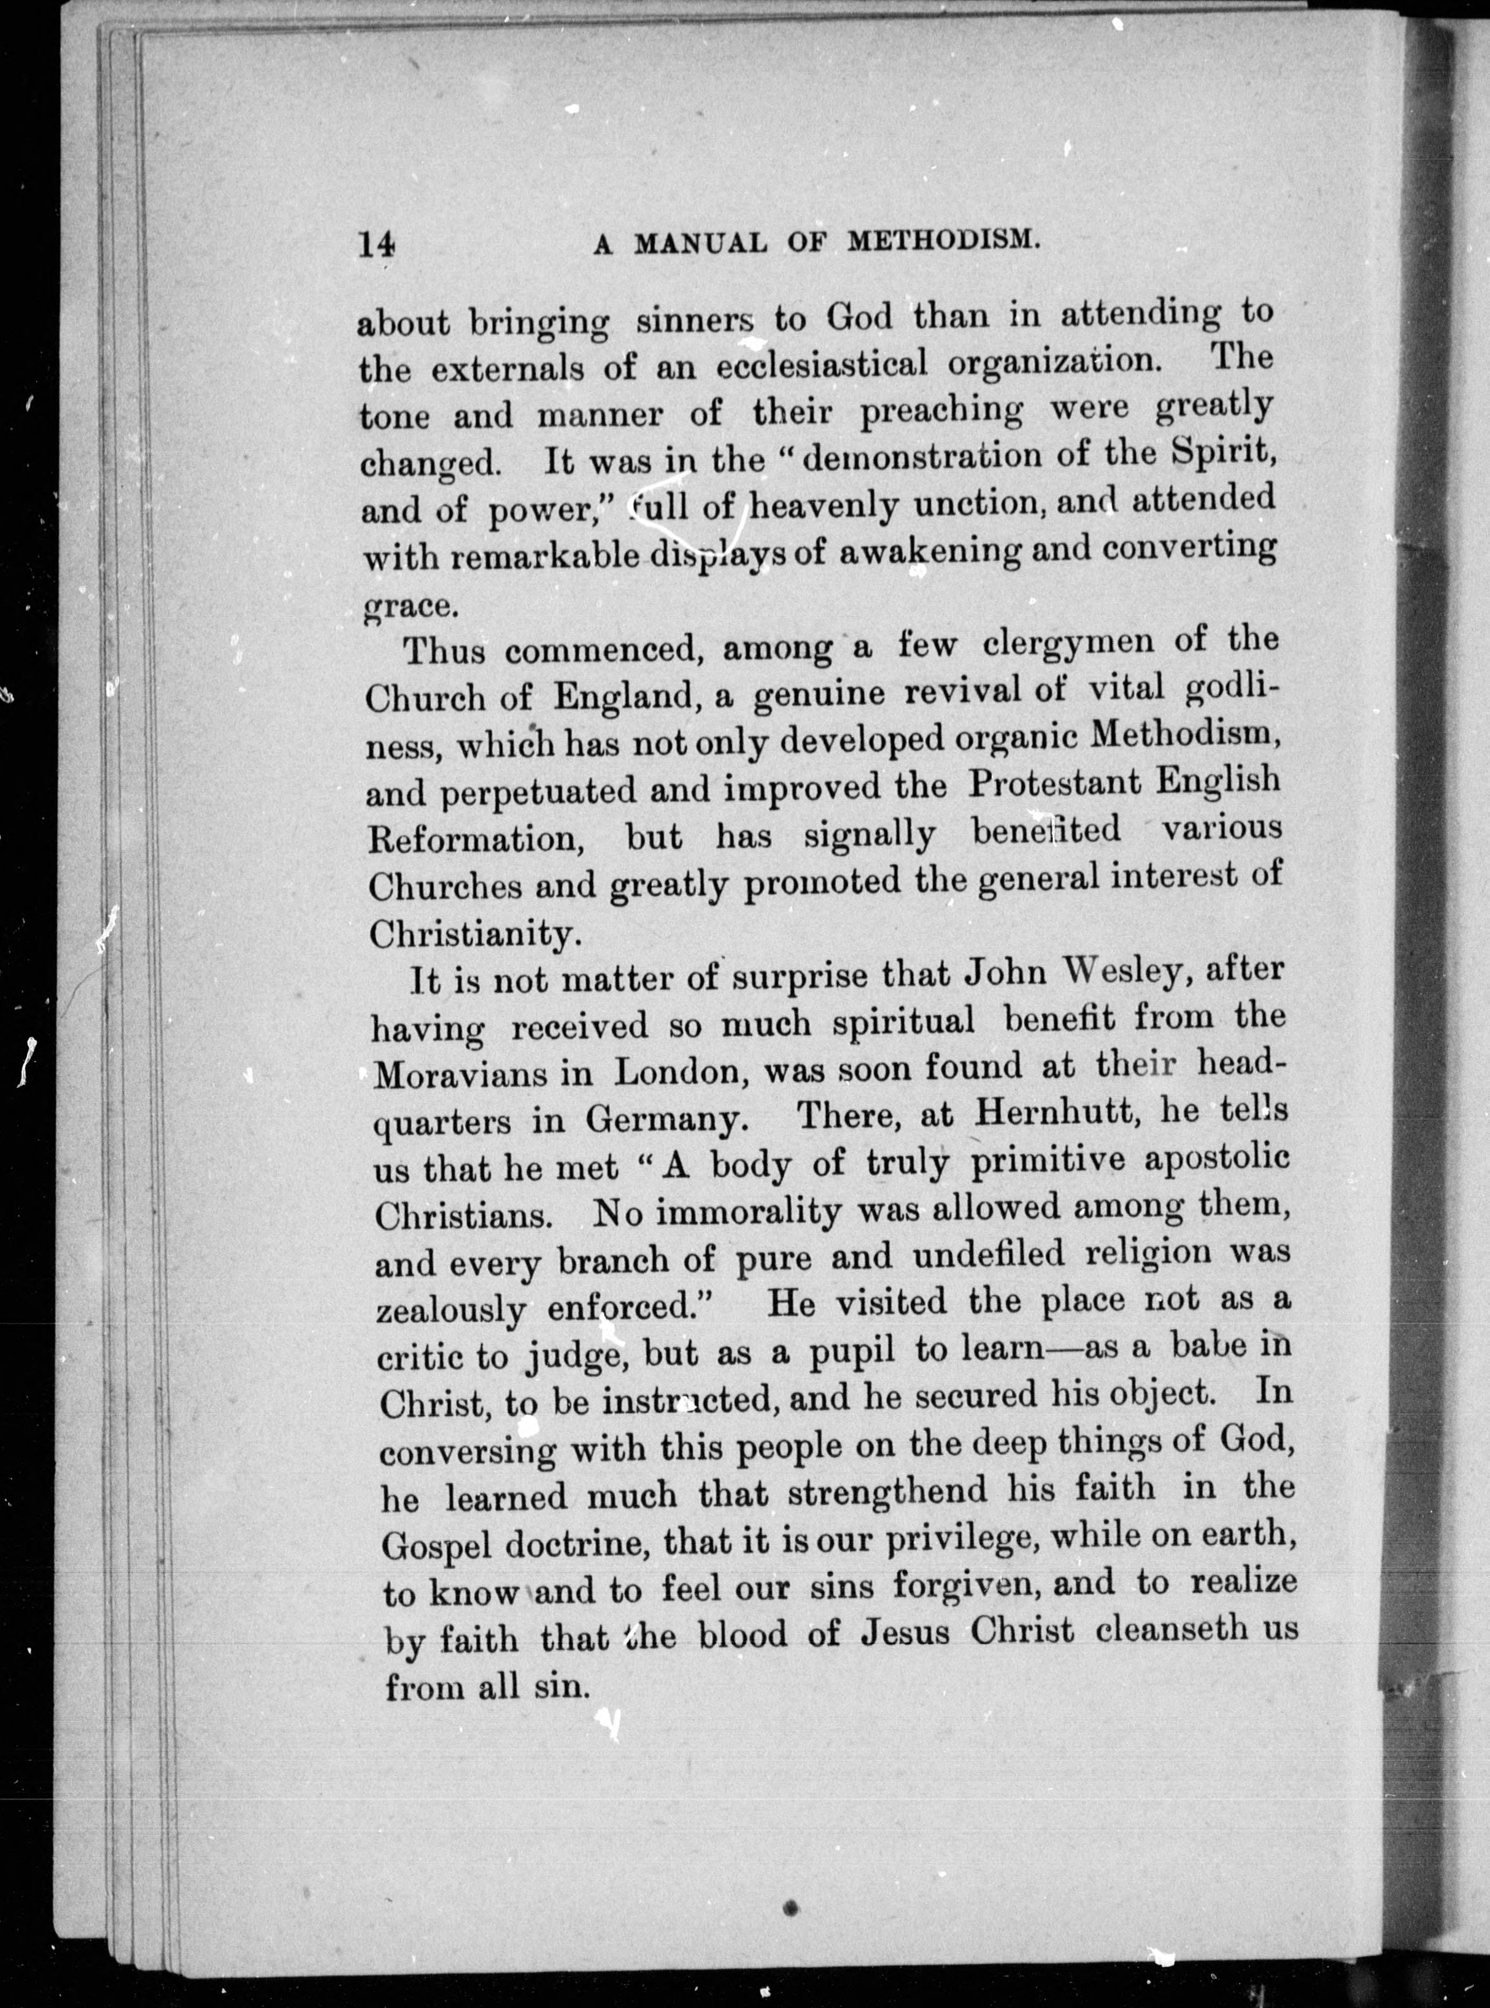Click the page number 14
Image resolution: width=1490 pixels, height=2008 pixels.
(x=376, y=244)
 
